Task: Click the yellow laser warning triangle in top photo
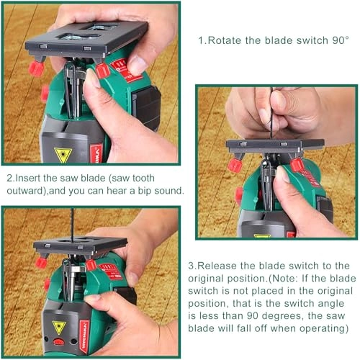63,154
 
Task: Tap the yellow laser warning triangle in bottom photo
59,327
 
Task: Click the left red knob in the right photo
235,165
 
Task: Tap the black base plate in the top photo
86,40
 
